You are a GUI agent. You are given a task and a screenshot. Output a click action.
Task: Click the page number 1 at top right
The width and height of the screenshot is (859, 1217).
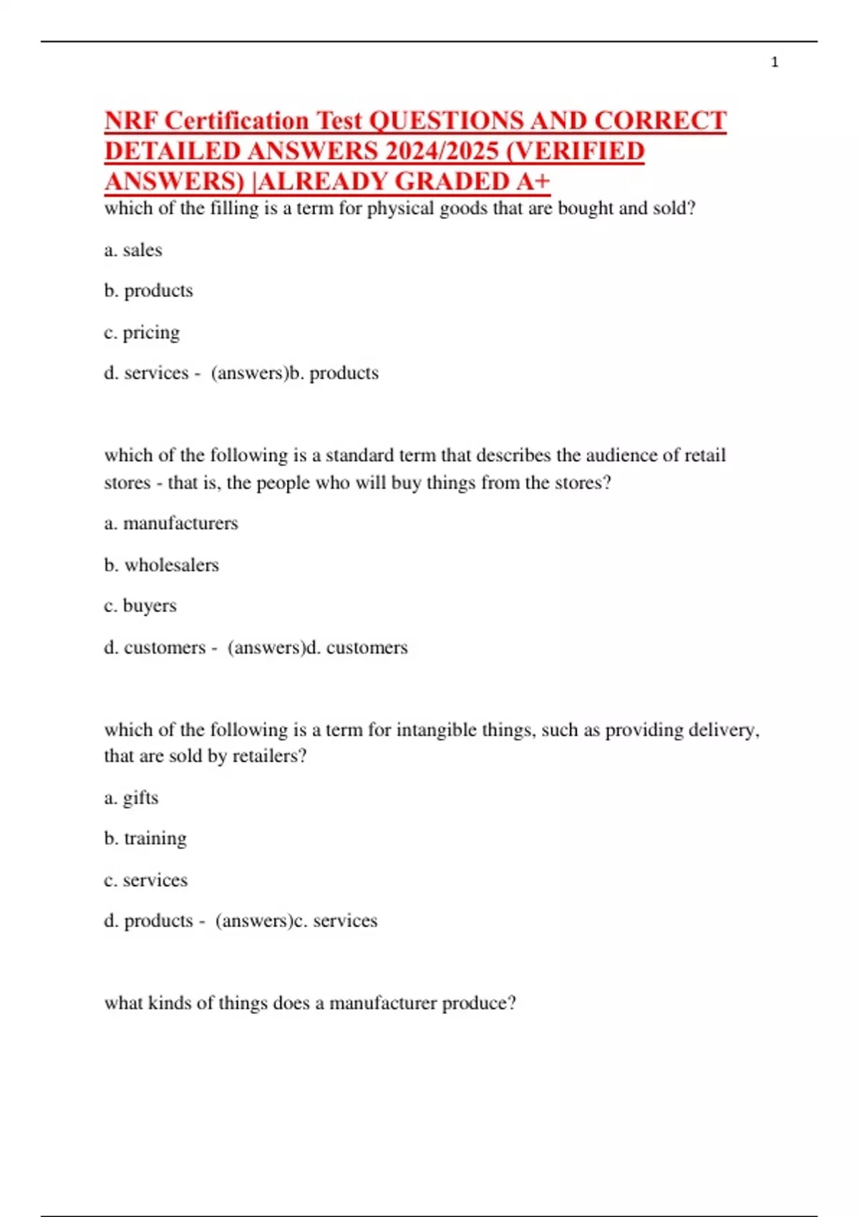pyautogui.click(x=775, y=62)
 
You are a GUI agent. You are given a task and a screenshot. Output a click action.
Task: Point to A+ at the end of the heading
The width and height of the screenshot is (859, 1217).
pyautogui.click(x=533, y=181)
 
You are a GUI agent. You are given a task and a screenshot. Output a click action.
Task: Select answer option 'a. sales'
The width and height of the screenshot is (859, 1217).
pyautogui.click(x=133, y=250)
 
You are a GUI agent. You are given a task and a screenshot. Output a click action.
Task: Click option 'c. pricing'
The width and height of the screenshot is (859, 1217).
pyautogui.click(x=142, y=332)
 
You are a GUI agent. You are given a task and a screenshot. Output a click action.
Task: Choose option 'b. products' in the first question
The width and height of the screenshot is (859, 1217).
pyautogui.click(x=148, y=291)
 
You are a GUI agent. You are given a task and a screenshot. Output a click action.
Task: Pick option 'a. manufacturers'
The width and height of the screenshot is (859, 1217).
pyautogui.click(x=171, y=523)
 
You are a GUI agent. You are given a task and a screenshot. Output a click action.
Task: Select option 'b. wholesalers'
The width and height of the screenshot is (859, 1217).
pyautogui.click(x=161, y=565)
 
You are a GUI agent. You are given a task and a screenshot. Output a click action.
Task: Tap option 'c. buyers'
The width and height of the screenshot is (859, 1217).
pyautogui.click(x=140, y=606)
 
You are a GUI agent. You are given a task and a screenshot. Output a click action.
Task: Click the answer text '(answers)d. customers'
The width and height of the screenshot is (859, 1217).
pyautogui.click(x=317, y=647)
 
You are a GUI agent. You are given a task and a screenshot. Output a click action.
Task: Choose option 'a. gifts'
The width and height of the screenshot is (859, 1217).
pyautogui.click(x=131, y=797)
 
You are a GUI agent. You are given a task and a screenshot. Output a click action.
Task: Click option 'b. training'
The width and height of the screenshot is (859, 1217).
pyautogui.click(x=145, y=838)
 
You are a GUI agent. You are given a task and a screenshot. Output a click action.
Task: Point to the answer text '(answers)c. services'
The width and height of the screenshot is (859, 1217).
pyautogui.click(x=296, y=921)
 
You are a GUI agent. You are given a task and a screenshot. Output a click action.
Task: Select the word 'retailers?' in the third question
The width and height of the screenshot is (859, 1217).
pyautogui.click(x=269, y=756)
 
